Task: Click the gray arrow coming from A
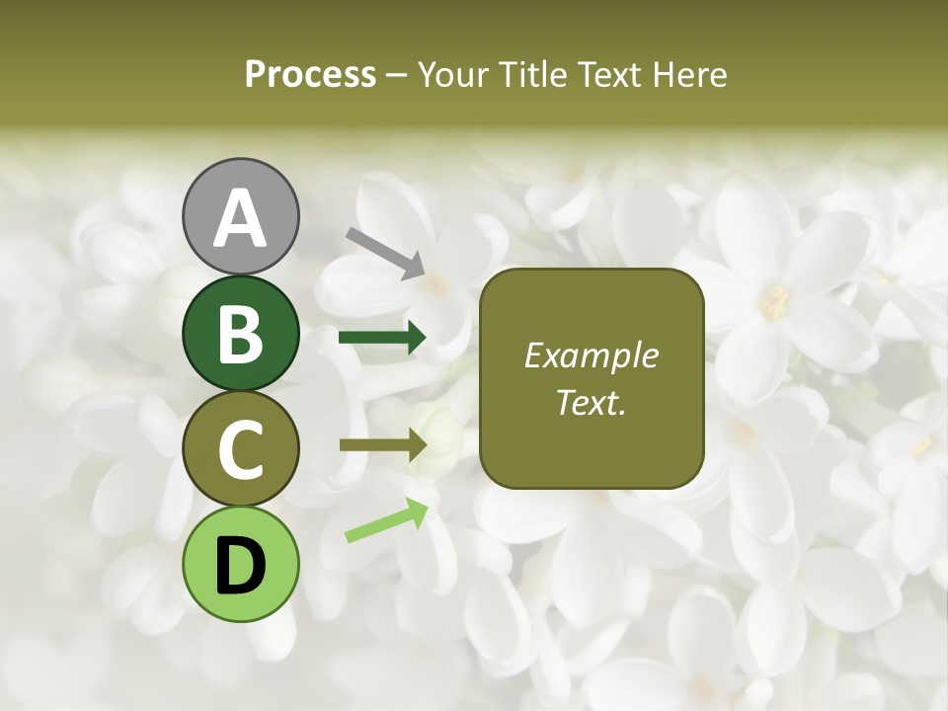coord(385,252)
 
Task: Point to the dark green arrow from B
coord(382,338)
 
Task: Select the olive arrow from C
coord(382,445)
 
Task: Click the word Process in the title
coord(310,74)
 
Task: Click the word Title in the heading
coord(532,74)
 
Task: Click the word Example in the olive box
coord(591,355)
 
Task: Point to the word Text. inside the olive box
coord(591,403)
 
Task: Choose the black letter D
coord(240,566)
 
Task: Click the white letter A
coord(240,218)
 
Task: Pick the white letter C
coord(240,449)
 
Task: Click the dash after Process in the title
coord(397,75)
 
